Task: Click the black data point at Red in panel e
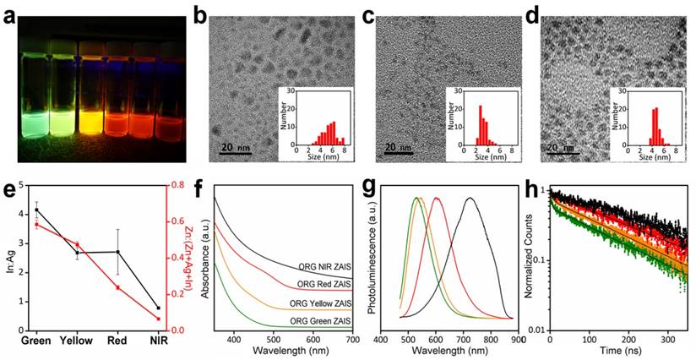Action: (x=117, y=252)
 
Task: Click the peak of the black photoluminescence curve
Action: (x=612, y=198)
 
